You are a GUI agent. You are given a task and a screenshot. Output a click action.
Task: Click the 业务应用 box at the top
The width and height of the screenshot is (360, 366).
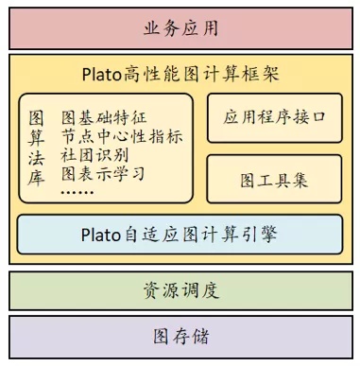point(180,27)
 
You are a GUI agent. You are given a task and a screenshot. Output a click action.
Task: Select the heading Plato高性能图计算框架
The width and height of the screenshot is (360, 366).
point(180,73)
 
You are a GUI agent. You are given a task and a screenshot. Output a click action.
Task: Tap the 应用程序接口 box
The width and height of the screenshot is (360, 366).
point(275,117)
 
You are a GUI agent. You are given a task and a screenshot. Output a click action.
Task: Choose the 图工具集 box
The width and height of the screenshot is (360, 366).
point(275,180)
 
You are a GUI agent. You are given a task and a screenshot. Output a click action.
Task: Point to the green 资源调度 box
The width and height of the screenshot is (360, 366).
point(180,290)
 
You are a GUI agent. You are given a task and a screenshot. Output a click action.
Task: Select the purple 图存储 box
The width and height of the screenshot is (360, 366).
point(180,337)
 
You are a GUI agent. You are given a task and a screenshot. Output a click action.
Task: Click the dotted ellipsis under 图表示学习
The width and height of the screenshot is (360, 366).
point(77,192)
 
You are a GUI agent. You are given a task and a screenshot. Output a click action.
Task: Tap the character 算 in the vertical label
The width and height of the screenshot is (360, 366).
point(38,137)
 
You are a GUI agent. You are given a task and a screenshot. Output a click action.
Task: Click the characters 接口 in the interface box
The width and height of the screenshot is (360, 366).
point(308,117)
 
